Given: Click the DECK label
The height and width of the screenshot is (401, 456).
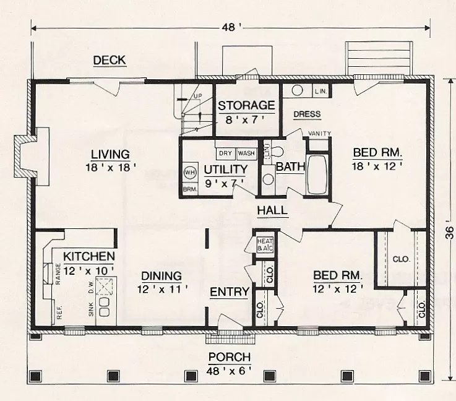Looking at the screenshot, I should pyautogui.click(x=110, y=60).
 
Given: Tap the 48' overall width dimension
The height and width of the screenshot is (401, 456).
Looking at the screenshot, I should pyautogui.click(x=230, y=27).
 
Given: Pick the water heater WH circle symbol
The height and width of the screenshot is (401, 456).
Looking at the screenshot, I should pyautogui.click(x=189, y=173).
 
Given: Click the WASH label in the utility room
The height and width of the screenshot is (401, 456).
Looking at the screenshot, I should pyautogui.click(x=246, y=153).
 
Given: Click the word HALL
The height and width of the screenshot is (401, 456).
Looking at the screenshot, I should pyautogui.click(x=272, y=210).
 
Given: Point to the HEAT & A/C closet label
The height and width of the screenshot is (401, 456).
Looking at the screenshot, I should pyautogui.click(x=265, y=244).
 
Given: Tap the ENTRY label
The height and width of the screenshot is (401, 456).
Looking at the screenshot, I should pyautogui.click(x=229, y=292).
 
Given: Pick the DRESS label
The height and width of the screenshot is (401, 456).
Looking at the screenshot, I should pyautogui.click(x=306, y=114).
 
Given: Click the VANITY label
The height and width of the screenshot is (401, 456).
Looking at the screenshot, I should pyautogui.click(x=319, y=134).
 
